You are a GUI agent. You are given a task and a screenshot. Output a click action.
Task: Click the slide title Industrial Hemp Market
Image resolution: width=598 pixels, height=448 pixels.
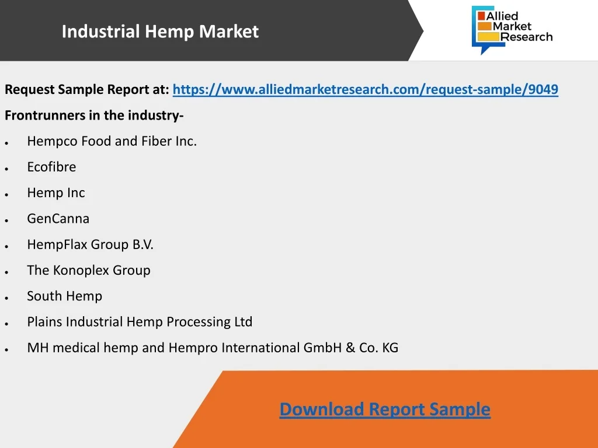[x=160, y=32]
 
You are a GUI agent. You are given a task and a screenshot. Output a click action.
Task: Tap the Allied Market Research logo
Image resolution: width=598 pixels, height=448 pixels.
[x=512, y=30]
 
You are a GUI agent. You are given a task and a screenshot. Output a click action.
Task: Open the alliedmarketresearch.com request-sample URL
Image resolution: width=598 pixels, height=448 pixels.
[x=366, y=89]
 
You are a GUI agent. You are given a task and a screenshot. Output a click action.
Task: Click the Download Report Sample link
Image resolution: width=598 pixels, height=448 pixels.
[x=385, y=409]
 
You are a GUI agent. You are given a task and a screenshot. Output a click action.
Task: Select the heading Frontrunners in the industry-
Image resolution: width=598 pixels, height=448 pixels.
[x=94, y=115]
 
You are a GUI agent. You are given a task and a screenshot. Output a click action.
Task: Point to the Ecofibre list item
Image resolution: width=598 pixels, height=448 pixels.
[x=51, y=167]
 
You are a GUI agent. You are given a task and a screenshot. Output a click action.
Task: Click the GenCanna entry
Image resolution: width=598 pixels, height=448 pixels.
[x=58, y=219]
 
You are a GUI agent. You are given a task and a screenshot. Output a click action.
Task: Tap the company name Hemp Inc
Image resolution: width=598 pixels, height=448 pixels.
[x=56, y=193]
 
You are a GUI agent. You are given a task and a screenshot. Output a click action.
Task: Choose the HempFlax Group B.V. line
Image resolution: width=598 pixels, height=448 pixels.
[x=90, y=244]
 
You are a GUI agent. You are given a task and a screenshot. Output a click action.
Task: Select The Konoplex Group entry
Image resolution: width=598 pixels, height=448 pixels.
[x=89, y=271]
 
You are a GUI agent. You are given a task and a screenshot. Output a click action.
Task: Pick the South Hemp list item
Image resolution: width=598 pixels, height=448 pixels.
[x=64, y=296]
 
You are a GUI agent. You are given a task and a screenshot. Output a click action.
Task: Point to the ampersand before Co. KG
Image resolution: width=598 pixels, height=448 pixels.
[x=350, y=348]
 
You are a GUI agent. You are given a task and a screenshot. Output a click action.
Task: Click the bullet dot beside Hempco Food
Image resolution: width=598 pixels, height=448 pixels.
[x=6, y=143]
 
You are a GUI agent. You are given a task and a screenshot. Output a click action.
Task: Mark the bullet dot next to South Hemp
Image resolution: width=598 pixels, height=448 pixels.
[x=6, y=298]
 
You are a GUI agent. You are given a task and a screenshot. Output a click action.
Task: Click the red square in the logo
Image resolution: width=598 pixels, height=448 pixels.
[x=481, y=16]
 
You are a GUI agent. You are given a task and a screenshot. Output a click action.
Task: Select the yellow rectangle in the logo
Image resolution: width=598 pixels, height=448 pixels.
[x=489, y=37]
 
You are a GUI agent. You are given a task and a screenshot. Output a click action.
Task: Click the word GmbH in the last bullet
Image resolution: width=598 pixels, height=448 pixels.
[x=322, y=348]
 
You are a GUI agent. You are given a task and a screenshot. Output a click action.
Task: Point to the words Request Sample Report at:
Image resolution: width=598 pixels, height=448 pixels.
[x=86, y=90]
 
